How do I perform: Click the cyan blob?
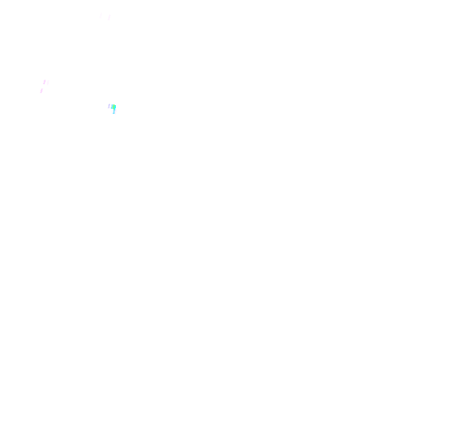point(113,108)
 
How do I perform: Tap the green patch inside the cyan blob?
point(114,107)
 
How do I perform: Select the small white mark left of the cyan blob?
point(109,106)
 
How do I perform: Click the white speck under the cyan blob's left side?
point(112,112)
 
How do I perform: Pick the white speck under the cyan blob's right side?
point(115,112)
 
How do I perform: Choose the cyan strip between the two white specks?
point(114,112)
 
